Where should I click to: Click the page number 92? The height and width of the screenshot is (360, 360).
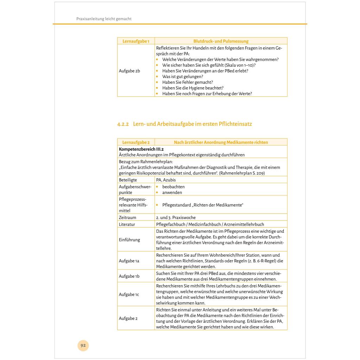coord(83,345)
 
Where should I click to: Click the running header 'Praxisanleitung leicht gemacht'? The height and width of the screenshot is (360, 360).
coord(104,19)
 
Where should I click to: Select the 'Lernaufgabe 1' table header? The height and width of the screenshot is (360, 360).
coord(133,41)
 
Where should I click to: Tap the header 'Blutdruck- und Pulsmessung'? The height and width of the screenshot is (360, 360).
coord(221,41)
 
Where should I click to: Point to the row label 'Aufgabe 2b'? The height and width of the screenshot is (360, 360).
coord(129,71)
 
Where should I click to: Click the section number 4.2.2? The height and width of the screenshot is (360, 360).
coord(123,124)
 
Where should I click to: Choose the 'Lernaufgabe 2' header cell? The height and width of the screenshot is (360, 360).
coord(136,142)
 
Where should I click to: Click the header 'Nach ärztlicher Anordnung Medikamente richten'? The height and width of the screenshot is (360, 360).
coord(221,142)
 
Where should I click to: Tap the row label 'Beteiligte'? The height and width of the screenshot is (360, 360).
coord(128,180)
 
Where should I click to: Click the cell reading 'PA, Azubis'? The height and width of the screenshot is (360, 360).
coord(166,180)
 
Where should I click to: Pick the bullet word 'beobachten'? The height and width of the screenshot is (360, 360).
coord(173,187)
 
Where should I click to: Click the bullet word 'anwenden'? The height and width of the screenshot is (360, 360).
coord(172,192)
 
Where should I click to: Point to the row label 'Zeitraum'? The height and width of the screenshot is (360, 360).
coord(127,218)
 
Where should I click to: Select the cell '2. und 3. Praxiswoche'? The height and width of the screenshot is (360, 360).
coord(176,218)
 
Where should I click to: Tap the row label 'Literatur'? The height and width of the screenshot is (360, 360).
coord(127,224)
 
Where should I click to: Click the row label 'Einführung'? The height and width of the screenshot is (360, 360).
coord(129,240)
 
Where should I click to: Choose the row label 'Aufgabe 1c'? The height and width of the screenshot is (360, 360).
coord(129,294)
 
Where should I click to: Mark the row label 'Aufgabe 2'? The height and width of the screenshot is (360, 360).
coord(128,318)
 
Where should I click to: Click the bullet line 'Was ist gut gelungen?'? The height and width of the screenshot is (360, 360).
coord(182,76)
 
